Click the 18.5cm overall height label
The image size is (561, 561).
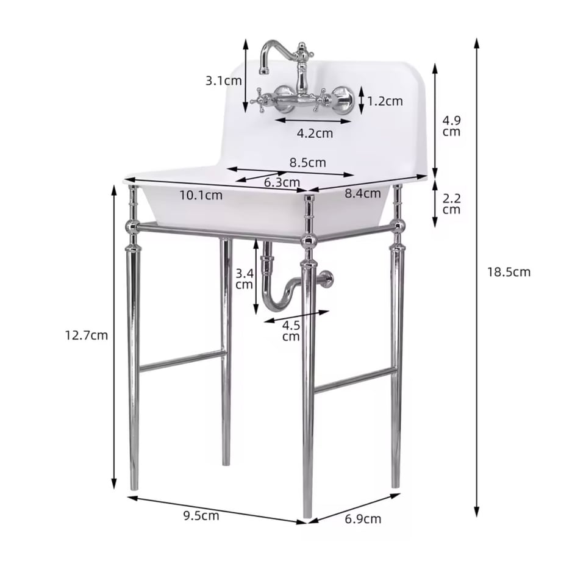[509, 273]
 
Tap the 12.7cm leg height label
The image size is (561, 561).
[86, 335]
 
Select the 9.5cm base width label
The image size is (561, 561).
[201, 515]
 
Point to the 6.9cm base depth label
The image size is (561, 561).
[363, 518]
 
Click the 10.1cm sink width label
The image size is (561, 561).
[201, 195]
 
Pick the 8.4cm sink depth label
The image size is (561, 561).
[362, 193]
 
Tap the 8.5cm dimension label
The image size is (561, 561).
[308, 162]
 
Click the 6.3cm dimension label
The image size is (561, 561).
[282, 182]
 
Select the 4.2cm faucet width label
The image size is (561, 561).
[315, 133]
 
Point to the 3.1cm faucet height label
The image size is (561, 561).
[224, 80]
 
